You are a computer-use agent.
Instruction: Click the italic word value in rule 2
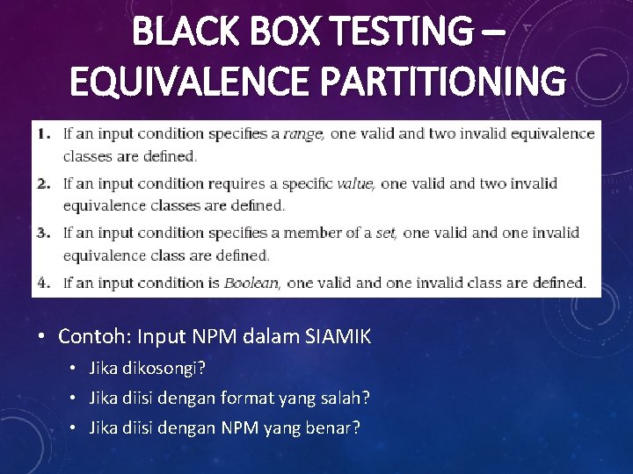click(x=356, y=183)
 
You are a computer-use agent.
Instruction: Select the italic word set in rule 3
click(x=387, y=233)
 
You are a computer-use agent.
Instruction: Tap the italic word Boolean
click(x=251, y=283)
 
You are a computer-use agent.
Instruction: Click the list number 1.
click(x=44, y=134)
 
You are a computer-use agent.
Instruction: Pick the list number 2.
click(x=44, y=183)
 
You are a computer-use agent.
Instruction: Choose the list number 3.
click(x=44, y=233)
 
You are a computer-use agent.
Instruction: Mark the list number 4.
click(x=44, y=283)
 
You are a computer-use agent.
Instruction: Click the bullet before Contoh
click(x=42, y=336)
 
